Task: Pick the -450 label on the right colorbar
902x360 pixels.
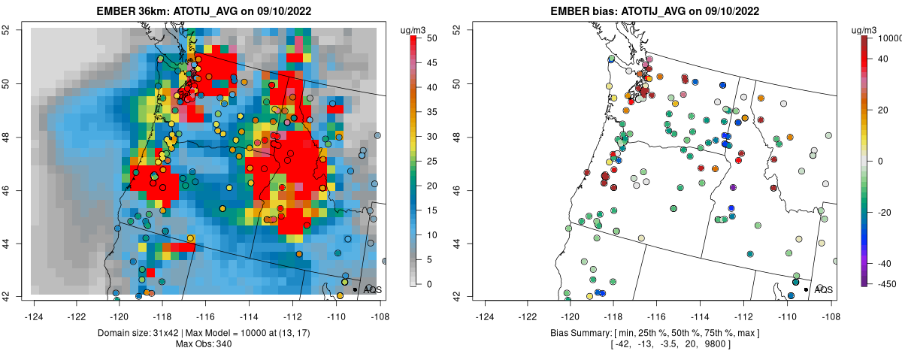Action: tap(884, 284)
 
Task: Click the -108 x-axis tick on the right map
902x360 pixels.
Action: tap(830, 307)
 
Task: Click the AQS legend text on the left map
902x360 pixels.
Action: tap(373, 289)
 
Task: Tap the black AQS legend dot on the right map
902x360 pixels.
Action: tap(805, 289)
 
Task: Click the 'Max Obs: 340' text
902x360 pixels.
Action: tap(204, 344)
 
